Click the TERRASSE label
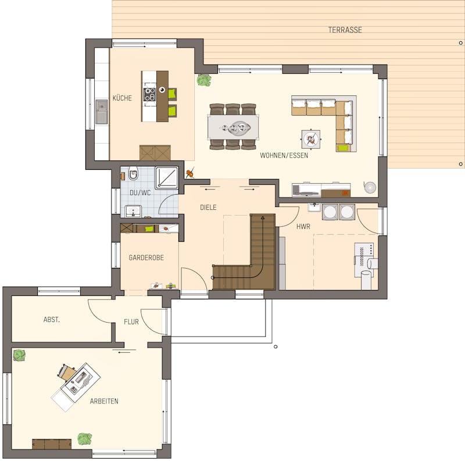[x=345, y=30]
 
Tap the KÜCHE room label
[x=122, y=98]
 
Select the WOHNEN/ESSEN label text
[x=284, y=155]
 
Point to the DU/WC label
[x=140, y=193]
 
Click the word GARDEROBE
[x=146, y=258]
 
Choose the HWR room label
[x=303, y=227]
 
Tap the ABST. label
[x=52, y=320]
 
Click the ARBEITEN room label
[x=104, y=401]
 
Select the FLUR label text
[x=131, y=322]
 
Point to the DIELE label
[x=208, y=208]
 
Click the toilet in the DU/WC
[x=134, y=174]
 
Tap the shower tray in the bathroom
[x=167, y=178]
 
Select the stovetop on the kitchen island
[x=149, y=94]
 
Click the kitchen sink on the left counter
[x=101, y=112]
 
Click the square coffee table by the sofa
[x=311, y=139]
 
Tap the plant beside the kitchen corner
[x=204, y=80]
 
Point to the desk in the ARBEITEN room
[x=80, y=379]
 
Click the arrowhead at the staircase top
[x=263, y=218]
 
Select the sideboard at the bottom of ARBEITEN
[x=52, y=444]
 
